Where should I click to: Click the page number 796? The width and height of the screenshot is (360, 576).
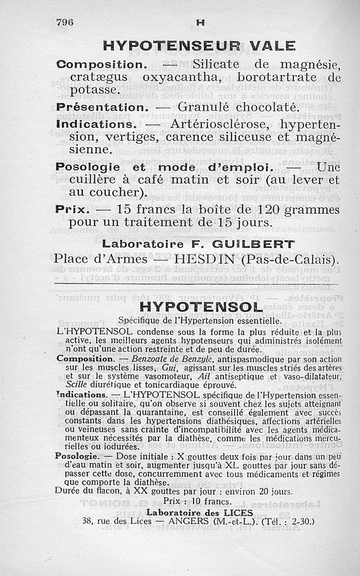click(65, 22)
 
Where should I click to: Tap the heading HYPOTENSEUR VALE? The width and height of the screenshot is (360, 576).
click(199, 46)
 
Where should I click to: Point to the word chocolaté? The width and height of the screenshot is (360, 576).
click(267, 108)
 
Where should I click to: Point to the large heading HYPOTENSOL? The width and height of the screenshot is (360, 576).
click(201, 307)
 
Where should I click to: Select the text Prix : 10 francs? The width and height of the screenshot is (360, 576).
click(198, 501)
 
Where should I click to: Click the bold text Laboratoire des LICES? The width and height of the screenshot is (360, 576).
click(197, 512)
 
